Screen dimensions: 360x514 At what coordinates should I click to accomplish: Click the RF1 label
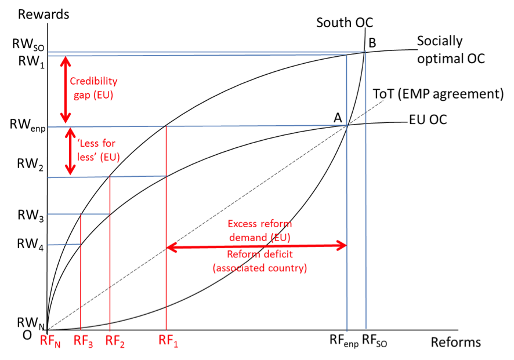point(168,340)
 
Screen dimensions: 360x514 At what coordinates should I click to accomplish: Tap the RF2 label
point(115,341)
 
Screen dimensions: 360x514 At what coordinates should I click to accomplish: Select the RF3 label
point(84,341)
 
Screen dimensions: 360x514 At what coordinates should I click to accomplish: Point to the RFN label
point(50,341)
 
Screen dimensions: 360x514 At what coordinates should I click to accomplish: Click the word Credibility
point(93,81)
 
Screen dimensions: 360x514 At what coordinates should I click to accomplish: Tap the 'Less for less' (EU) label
point(99,149)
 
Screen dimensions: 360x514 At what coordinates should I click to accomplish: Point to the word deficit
point(277,255)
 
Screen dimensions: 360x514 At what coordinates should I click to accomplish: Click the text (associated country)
point(259,268)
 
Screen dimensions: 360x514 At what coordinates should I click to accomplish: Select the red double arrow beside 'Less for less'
point(70,151)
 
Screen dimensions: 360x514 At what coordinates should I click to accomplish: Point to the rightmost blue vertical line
point(365,191)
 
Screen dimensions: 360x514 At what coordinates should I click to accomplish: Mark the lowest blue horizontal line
point(64,245)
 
